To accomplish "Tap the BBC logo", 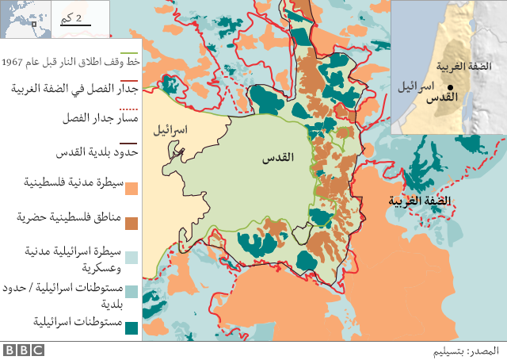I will point(23,350).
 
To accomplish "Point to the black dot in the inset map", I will point(449,87).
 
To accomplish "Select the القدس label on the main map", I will point(278,157).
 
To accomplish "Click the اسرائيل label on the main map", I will point(170,128).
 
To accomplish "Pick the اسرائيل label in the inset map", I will point(414,85).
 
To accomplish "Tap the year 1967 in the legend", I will point(13,62).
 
